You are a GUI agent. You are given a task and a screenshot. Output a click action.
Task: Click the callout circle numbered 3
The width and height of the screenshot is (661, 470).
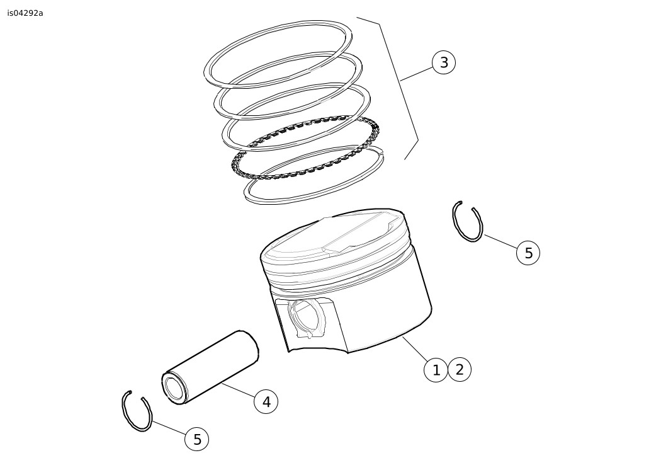[443, 62]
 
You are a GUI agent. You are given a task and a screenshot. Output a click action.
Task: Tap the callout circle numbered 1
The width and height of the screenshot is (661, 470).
[436, 370]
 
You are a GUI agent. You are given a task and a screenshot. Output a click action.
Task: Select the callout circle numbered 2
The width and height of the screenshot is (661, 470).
[460, 370]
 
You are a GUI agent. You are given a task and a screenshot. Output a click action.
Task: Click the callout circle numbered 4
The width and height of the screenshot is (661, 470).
[266, 402]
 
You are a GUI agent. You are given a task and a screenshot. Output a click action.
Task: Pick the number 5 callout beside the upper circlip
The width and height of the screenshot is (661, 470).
[528, 253]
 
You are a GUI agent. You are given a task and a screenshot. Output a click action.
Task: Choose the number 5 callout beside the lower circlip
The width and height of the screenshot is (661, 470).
[197, 439]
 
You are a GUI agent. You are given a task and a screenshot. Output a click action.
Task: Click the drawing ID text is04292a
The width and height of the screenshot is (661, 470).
[25, 13]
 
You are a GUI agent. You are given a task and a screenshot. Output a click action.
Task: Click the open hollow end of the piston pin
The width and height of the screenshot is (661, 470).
[174, 387]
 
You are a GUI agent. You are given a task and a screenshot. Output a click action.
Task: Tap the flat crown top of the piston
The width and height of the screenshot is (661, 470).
[333, 234]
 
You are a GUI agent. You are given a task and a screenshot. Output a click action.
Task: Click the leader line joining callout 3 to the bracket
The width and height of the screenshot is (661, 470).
[417, 74]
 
